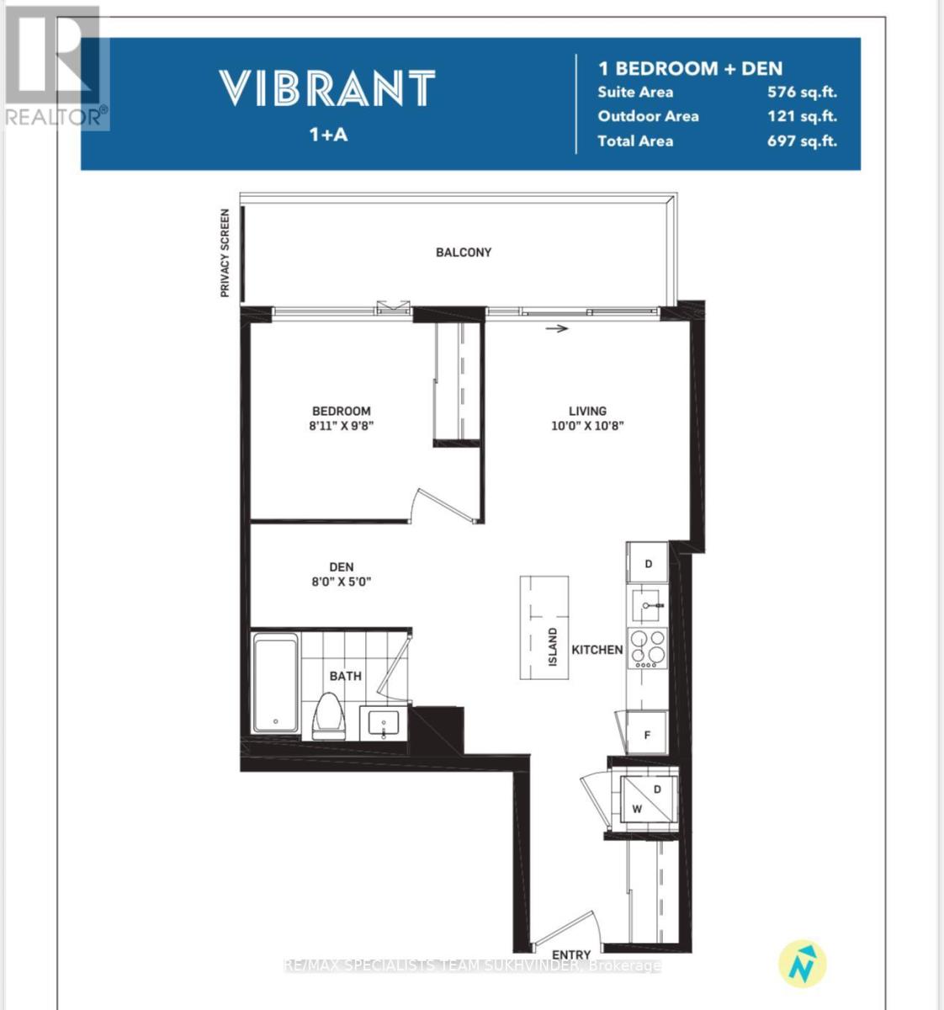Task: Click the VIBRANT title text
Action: click(327, 88)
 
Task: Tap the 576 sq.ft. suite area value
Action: click(802, 92)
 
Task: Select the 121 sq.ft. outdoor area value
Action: click(802, 116)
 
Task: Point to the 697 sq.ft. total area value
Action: click(802, 141)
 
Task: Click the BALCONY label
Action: click(464, 252)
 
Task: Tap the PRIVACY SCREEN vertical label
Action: click(225, 252)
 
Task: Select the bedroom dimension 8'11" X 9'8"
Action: click(342, 425)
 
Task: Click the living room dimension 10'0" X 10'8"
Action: click(587, 425)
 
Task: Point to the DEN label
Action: click(342, 566)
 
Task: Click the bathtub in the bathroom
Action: click(276, 683)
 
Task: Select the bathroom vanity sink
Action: click(384, 723)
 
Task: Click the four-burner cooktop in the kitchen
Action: click(647, 649)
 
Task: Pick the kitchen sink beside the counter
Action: click(646, 606)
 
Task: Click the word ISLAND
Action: click(553, 646)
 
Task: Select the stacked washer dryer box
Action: click(649, 800)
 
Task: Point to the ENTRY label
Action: click(571, 954)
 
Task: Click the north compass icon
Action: click(802, 965)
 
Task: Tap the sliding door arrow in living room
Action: click(557, 328)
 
